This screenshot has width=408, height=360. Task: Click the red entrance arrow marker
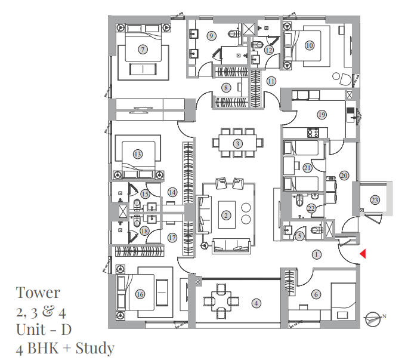point(362,254)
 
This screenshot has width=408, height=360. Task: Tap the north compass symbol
point(374,319)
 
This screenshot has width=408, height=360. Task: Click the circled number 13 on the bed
point(138,154)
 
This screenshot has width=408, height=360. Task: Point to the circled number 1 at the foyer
point(317,254)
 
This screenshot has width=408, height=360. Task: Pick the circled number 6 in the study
point(316,294)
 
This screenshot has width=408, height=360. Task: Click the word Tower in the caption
point(38,293)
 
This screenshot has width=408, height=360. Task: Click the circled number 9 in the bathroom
point(211,36)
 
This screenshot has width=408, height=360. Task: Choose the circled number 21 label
point(307,168)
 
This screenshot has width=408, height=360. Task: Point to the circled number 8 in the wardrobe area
point(226,88)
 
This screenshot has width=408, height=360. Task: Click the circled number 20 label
point(344,176)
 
